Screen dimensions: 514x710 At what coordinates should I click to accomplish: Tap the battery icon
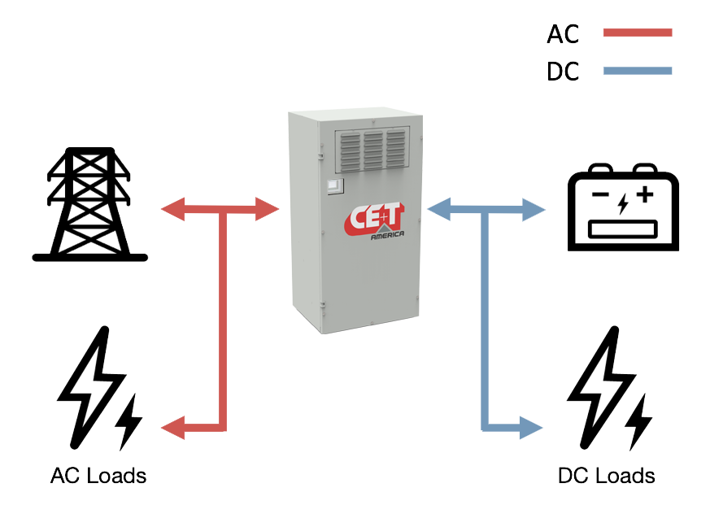[622, 207]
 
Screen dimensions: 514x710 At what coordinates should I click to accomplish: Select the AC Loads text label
[98, 475]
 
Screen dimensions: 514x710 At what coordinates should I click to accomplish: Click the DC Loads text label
[607, 475]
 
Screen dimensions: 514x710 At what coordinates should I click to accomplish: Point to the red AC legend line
[638, 33]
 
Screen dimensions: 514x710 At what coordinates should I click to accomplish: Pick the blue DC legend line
[638, 72]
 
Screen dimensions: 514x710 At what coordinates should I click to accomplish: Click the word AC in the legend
[563, 34]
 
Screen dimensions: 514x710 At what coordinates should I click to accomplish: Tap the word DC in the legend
[563, 72]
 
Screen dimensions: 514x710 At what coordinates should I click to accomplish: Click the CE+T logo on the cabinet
[374, 220]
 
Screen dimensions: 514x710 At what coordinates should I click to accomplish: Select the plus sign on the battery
[645, 195]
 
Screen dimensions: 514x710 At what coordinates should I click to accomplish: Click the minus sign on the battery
[599, 195]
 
